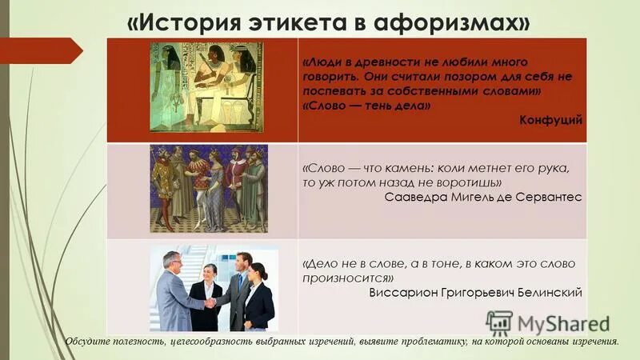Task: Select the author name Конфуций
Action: (x=551, y=119)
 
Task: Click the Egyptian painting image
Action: (x=207, y=86)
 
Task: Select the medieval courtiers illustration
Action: (x=207, y=189)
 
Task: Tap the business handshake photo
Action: (x=214, y=288)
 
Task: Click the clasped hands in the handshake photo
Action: (x=210, y=302)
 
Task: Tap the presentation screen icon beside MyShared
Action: (x=499, y=323)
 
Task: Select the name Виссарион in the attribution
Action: (x=402, y=292)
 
